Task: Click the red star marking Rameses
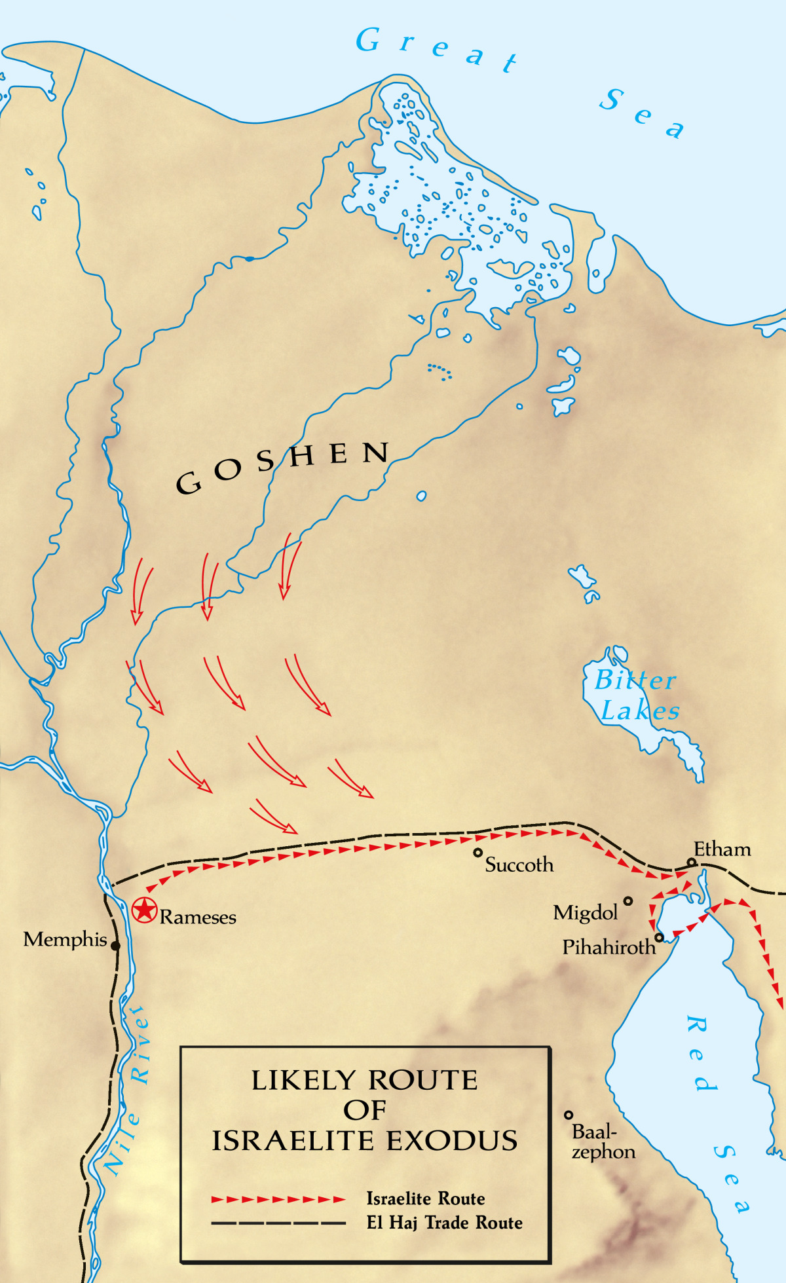[144, 910]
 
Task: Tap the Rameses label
[198, 917]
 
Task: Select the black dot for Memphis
[115, 946]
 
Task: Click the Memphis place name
[65, 940]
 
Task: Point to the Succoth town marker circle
[478, 853]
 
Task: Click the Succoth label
[519, 865]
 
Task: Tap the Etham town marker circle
[691, 862]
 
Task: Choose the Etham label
[722, 849]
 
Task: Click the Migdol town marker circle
[627, 901]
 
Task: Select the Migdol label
[585, 913]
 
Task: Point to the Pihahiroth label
[608, 947]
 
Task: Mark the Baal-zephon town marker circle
[569, 1115]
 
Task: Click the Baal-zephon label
[603, 1142]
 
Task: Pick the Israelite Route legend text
[426, 1199]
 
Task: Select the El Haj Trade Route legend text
[444, 1223]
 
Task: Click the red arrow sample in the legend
[278, 1200]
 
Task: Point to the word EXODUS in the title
[451, 1141]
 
